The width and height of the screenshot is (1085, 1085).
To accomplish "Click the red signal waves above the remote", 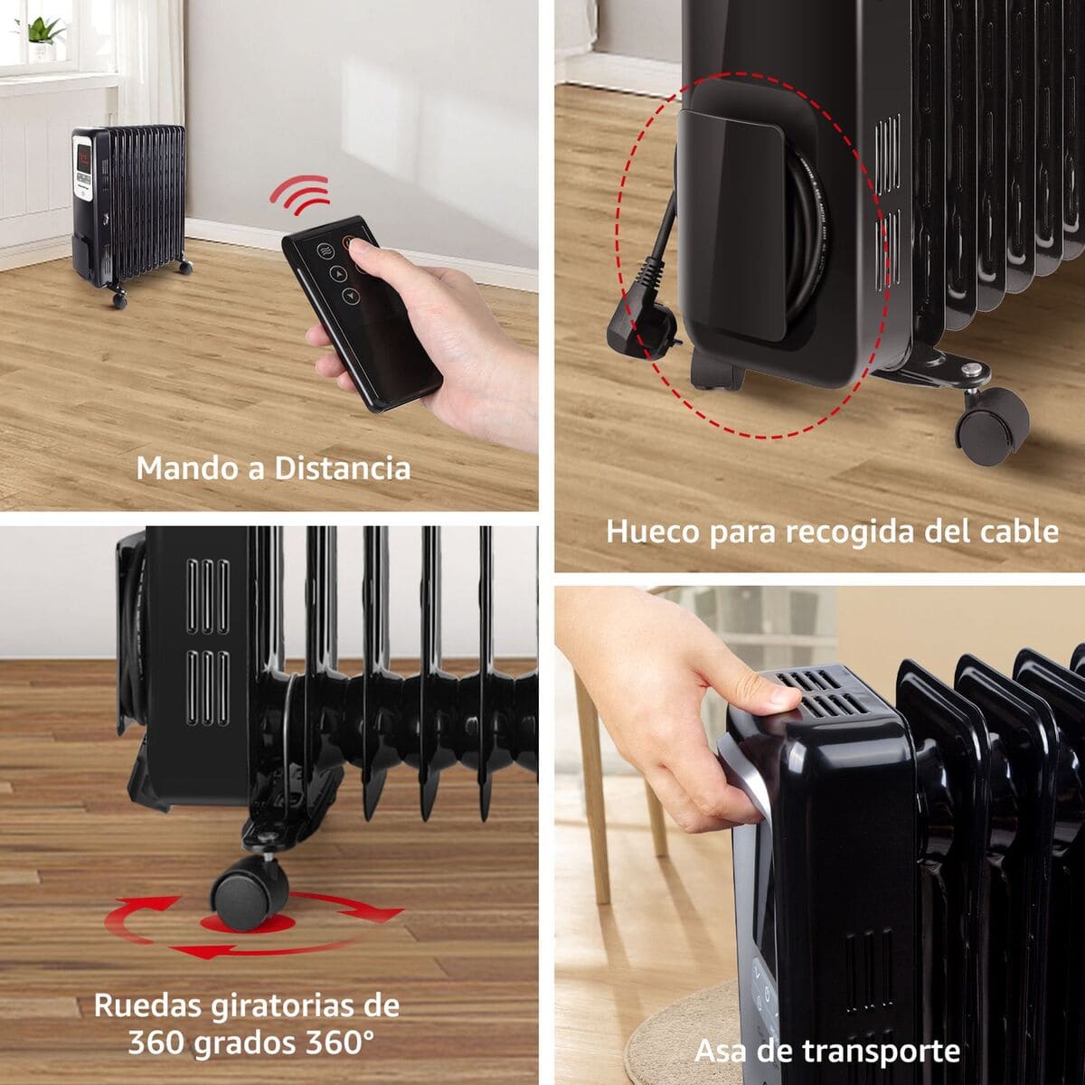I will click(299, 193).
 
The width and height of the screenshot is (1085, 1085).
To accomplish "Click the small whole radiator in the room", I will click(131, 208).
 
